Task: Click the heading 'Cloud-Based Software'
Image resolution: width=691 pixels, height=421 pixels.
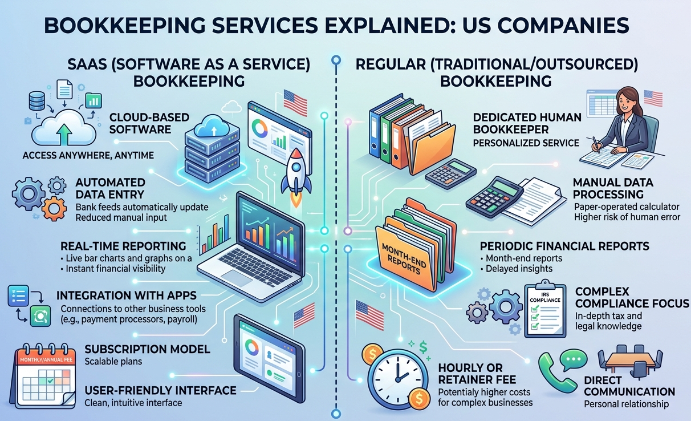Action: tap(141, 123)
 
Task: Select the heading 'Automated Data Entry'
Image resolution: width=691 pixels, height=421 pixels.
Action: tap(110, 189)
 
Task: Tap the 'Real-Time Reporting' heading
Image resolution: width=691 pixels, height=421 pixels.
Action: tap(123, 246)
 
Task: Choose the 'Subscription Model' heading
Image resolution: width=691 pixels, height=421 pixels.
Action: tap(147, 349)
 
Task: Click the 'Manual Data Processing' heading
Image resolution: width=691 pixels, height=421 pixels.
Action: tap(612, 189)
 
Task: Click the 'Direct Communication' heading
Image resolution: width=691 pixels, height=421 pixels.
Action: tap(629, 386)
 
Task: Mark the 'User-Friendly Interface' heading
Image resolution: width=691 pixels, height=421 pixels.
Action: tap(160, 390)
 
